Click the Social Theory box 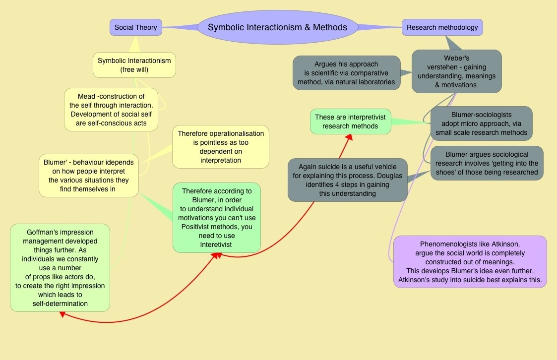(x=135, y=27)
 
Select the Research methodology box (x=442, y=27)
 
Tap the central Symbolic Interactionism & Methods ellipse (x=277, y=27)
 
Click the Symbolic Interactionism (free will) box (x=134, y=65)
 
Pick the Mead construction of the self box (x=111, y=110)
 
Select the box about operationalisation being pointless (x=221, y=147)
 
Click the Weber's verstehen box (x=456, y=71)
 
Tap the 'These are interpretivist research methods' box (x=350, y=121)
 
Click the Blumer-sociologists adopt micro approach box (x=481, y=124)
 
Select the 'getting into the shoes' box (x=487, y=163)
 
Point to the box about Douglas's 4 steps (x=347, y=180)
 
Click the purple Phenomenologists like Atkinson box (x=470, y=262)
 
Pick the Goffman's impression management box (x=60, y=268)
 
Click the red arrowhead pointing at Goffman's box (x=62, y=314)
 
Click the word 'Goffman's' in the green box (x=43, y=232)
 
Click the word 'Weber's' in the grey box (x=456, y=58)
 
